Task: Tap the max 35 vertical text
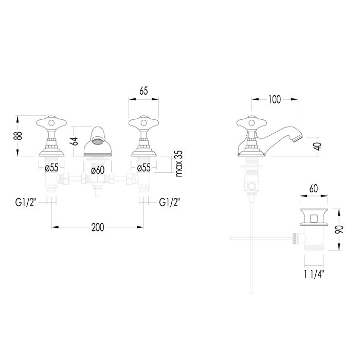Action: click(179, 164)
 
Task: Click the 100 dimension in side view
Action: click(275, 100)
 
